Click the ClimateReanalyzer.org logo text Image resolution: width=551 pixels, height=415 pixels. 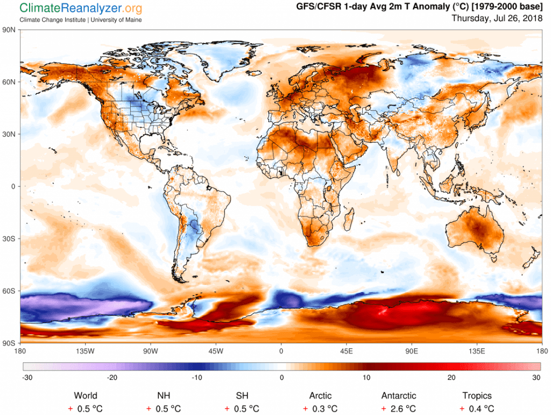[81, 8]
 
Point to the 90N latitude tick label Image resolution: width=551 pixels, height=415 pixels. [10, 30]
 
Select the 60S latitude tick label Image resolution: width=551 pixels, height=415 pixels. [10, 291]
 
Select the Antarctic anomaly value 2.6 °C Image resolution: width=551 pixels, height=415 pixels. [402, 409]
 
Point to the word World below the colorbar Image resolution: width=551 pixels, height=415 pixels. [86, 396]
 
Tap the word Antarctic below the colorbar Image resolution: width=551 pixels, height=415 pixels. [398, 396]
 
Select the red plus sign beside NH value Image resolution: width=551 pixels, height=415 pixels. [149, 409]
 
